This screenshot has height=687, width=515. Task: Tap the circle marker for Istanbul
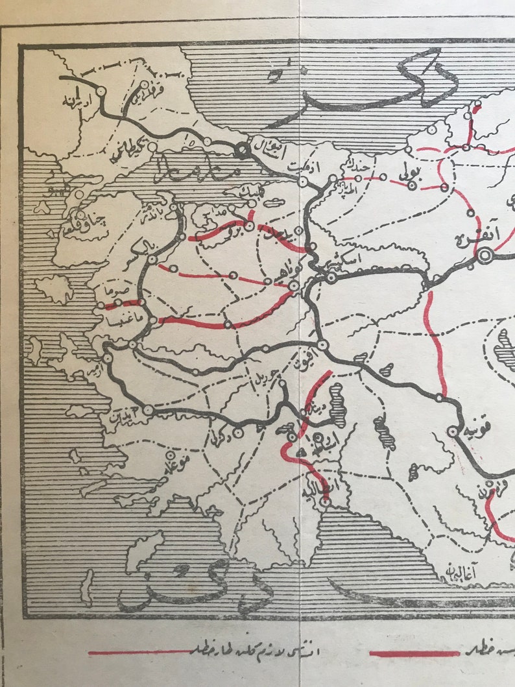click(241, 150)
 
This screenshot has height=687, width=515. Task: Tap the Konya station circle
click(453, 431)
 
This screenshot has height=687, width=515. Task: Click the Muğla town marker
click(171, 455)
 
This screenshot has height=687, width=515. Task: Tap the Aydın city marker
click(149, 409)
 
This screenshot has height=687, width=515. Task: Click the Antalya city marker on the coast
click(325, 501)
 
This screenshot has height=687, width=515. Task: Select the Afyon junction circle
click(322, 345)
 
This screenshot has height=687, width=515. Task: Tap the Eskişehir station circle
click(331, 278)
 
